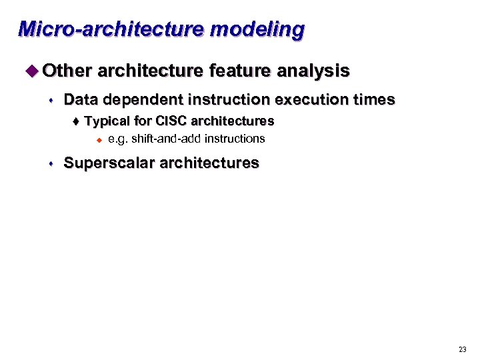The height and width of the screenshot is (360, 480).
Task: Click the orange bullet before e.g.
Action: [97, 139]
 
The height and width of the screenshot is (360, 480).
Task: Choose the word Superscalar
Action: [109, 163]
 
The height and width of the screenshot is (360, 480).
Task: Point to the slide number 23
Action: [463, 349]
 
